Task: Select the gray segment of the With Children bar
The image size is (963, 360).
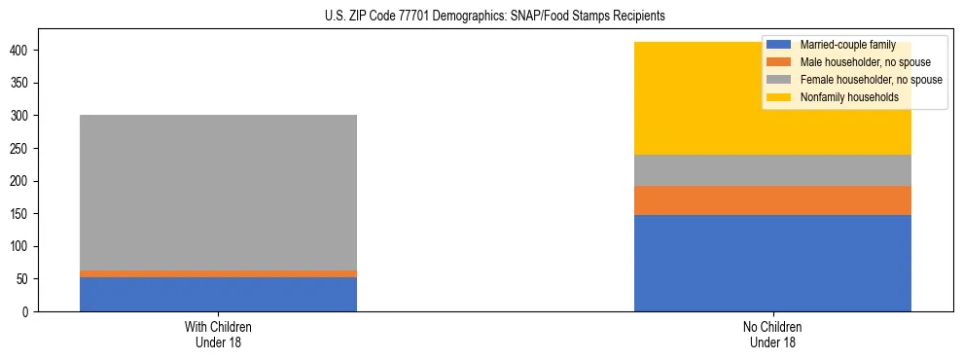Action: point(218,193)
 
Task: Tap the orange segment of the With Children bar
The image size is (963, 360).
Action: point(218,274)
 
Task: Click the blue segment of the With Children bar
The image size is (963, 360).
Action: point(218,295)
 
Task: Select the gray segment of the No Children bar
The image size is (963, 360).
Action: point(772,170)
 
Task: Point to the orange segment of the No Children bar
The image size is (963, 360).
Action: point(772,200)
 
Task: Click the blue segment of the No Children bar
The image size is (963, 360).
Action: point(772,263)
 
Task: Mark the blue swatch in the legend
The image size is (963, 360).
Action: point(779,45)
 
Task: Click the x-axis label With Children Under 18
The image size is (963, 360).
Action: point(218,334)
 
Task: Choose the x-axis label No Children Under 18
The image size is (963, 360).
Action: point(772,334)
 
